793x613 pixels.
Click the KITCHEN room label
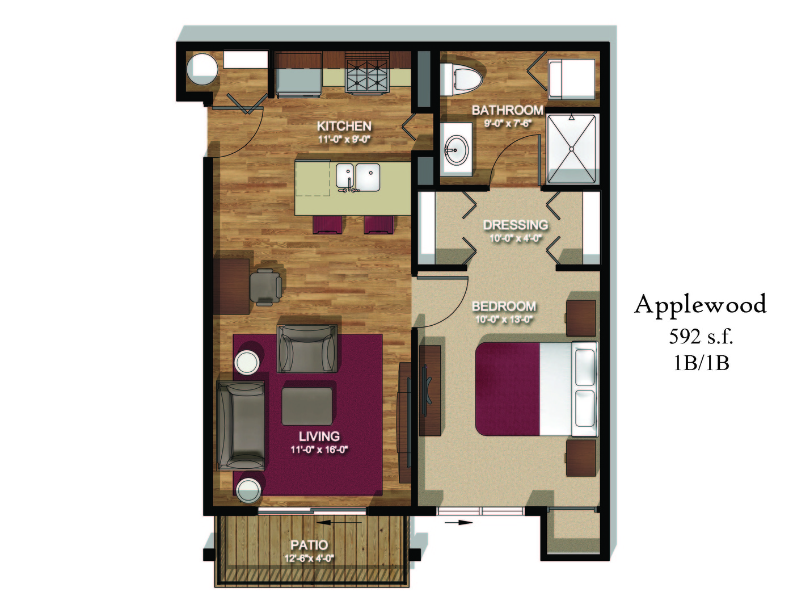click(344, 126)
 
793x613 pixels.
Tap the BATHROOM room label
click(507, 110)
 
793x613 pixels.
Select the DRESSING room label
click(515, 225)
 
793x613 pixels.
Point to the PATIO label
click(309, 545)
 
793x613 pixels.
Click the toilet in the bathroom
click(462, 78)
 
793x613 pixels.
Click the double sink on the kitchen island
click(357, 177)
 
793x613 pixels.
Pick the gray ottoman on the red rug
click(307, 405)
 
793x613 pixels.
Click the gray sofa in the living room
click(241, 425)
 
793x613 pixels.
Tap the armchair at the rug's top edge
click(306, 349)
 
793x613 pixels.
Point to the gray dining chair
click(265, 286)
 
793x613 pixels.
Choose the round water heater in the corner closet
click(202, 69)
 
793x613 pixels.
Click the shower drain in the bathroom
click(572, 149)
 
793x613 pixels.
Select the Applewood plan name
click(700, 304)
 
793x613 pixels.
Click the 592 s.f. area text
click(701, 337)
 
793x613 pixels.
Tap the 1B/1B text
click(701, 362)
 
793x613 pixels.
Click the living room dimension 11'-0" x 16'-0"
click(319, 450)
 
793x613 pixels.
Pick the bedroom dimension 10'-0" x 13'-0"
click(504, 320)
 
